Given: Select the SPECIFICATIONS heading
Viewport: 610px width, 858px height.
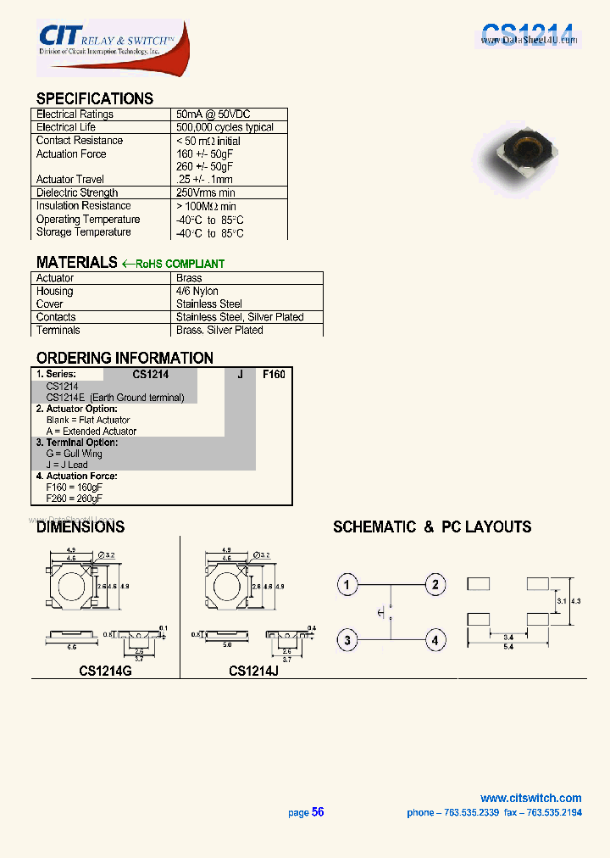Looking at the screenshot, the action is (x=95, y=98).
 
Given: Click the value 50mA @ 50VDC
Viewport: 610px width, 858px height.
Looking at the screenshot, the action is (x=213, y=114).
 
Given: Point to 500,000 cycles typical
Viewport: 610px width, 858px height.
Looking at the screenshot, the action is (x=225, y=127).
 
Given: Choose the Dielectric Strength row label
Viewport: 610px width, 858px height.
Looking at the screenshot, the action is (x=77, y=192).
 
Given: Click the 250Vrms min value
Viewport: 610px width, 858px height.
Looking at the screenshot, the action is (x=206, y=192).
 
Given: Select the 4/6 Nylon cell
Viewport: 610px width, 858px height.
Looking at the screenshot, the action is (x=197, y=291).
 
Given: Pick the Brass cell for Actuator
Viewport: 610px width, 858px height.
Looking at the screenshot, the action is (x=189, y=278).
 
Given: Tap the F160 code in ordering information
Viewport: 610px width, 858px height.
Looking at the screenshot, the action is (x=274, y=374).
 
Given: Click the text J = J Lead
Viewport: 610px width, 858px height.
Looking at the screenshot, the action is (x=67, y=465).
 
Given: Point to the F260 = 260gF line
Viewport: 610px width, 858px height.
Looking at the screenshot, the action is (x=75, y=499).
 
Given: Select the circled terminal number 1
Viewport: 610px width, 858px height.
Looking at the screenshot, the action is (x=347, y=584).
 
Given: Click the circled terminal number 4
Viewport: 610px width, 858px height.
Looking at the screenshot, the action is (x=435, y=640).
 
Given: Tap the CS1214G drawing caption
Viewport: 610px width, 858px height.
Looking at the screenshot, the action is (x=105, y=671).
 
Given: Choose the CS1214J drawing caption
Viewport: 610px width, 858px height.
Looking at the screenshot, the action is (x=253, y=671).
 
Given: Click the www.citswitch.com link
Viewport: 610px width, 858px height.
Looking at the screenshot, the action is (x=530, y=798).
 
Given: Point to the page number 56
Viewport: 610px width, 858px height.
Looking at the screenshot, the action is (x=318, y=812).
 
